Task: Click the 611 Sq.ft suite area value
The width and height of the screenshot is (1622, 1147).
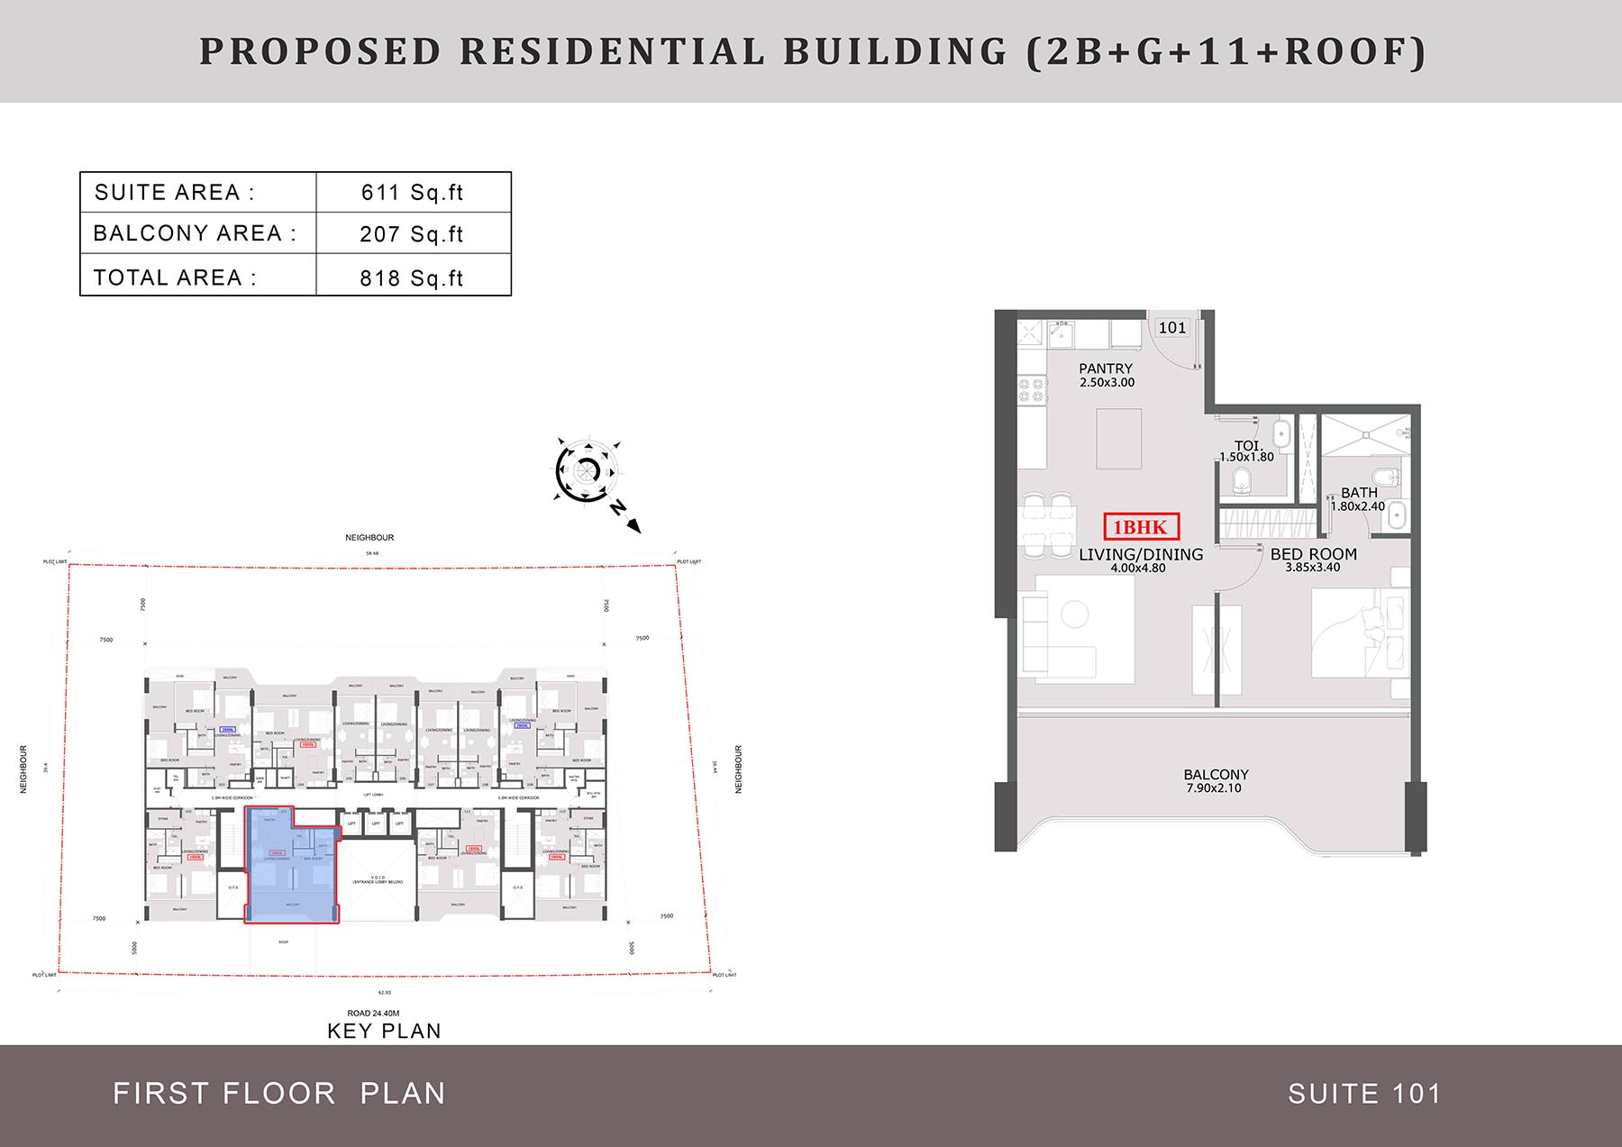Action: click(412, 193)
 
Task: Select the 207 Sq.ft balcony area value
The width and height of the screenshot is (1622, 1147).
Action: click(411, 234)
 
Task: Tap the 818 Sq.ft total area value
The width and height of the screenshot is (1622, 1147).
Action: click(411, 278)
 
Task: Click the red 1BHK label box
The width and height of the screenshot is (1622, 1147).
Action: click(1141, 527)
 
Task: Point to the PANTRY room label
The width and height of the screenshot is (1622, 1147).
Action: click(1106, 369)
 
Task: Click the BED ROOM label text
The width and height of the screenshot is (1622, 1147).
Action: click(1313, 554)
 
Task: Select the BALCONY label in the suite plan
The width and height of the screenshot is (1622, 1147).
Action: click(1216, 775)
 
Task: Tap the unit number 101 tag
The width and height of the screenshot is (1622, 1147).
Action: click(1172, 328)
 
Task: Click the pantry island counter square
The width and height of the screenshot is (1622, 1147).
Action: click(1118, 438)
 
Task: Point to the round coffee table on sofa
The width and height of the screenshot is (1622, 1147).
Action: click(1074, 614)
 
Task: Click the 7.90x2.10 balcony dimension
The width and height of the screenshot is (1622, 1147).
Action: click(1214, 788)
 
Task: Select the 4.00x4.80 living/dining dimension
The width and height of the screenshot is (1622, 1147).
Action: click(1138, 569)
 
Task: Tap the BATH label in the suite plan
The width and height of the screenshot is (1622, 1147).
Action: click(1359, 493)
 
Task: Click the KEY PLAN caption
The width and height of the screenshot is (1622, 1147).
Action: click(384, 1032)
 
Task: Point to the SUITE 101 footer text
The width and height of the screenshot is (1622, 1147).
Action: click(1364, 1094)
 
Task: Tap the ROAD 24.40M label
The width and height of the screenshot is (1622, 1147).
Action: click(372, 1014)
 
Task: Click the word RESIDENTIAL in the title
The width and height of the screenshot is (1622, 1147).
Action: click(612, 51)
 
